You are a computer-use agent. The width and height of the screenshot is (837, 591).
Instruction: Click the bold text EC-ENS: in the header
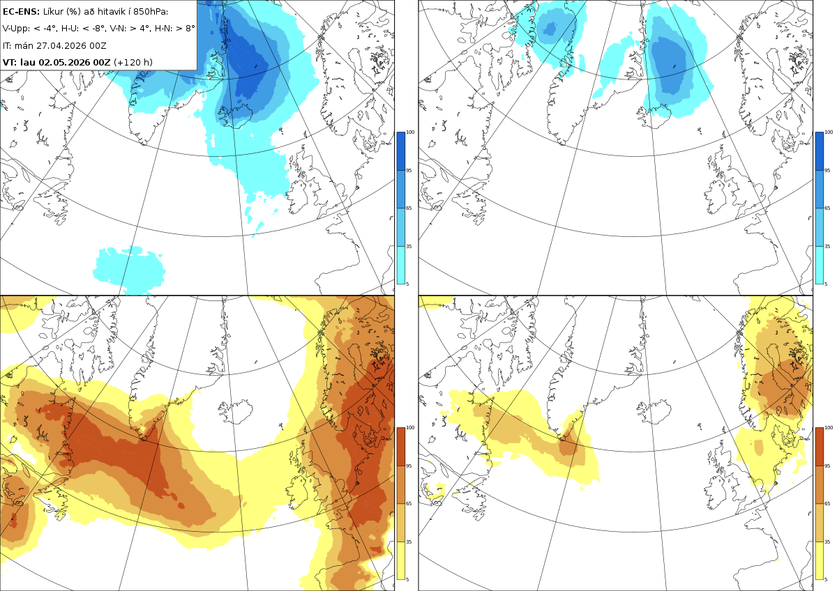(x=21, y=12)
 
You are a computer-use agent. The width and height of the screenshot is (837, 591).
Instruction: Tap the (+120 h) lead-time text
(x=133, y=62)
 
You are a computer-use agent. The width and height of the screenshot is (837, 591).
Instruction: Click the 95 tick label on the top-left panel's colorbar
(x=409, y=170)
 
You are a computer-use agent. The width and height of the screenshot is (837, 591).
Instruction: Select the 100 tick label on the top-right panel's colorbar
(x=829, y=132)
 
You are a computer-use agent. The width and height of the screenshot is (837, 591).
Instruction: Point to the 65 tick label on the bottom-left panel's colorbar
(x=409, y=503)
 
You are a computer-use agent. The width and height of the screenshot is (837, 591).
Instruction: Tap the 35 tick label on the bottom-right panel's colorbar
(x=827, y=542)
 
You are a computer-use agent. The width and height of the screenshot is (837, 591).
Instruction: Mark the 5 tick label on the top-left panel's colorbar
(x=407, y=284)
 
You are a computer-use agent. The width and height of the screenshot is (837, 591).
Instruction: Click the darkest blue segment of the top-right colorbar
(x=819, y=151)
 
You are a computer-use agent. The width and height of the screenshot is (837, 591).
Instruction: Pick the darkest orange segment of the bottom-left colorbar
(x=400, y=447)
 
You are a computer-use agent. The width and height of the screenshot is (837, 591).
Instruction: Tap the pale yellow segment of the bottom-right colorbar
(x=819, y=560)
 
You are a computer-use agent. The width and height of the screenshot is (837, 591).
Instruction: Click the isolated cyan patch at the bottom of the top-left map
(x=129, y=270)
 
